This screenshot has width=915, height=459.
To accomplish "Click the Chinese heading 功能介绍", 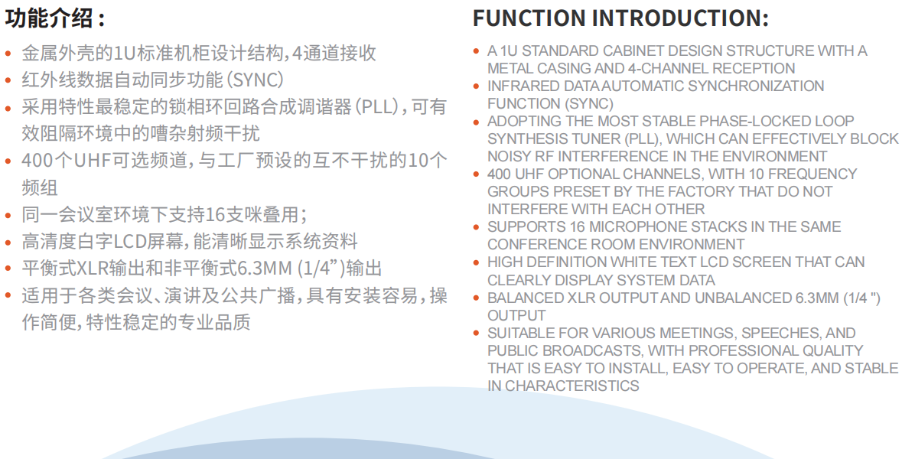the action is point(49,18).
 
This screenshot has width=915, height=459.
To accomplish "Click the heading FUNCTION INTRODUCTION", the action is point(620,18).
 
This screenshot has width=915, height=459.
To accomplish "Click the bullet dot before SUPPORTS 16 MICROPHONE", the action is point(477,227).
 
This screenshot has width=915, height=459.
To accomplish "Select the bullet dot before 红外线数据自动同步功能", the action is point(8,80).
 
